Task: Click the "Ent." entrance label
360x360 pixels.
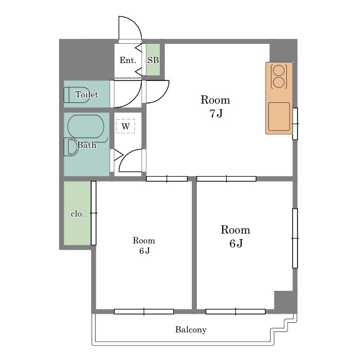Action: (128, 60)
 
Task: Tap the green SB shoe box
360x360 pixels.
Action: (153, 60)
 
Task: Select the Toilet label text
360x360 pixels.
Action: (87, 94)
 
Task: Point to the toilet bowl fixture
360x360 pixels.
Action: (76, 95)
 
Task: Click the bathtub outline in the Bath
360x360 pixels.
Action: (85, 127)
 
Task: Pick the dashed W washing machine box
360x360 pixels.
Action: (125, 126)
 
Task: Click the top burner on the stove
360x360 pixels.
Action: (279, 70)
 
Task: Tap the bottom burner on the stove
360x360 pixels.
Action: (279, 82)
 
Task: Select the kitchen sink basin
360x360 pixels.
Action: (279, 116)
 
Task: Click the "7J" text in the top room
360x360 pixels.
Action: (216, 114)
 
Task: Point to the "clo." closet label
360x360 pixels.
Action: (78, 214)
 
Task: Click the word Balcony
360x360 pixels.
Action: (191, 330)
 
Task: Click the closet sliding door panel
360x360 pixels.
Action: (93, 213)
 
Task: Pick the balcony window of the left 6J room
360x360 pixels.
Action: (144, 312)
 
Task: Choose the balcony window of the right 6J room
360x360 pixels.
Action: (236, 312)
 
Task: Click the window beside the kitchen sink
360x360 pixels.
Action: (295, 124)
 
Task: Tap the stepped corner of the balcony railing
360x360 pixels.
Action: (283, 325)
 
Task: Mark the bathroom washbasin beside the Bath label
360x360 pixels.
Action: (71, 147)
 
